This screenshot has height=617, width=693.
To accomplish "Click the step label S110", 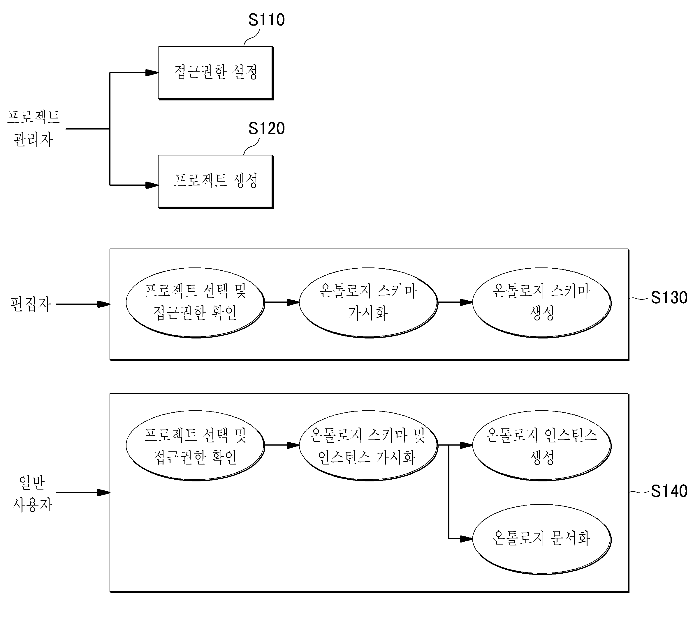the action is pos(266,20).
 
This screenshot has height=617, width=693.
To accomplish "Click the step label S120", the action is pos(266,128).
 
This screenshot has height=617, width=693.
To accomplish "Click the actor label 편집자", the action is pos(31,304).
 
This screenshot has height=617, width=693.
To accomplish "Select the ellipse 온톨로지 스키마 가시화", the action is pos(369,303).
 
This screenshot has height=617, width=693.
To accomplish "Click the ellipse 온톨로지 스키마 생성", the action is pos(542,303).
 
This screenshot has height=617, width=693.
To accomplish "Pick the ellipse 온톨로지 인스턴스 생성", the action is pos(542,446).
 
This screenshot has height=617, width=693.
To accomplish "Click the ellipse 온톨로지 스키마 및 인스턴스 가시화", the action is pos(369,446).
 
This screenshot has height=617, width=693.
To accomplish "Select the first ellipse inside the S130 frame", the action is pos(196,303).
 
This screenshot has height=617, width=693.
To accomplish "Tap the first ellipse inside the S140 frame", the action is pos(196,446).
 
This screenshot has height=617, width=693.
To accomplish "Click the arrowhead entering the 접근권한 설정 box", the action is pos(152,72).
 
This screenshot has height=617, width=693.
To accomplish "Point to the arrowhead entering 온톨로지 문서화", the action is pos(466,538).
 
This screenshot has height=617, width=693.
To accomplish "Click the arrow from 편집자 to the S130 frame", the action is pos(83,304).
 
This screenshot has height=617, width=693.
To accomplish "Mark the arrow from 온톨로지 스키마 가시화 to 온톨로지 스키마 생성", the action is pos(455,302).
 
